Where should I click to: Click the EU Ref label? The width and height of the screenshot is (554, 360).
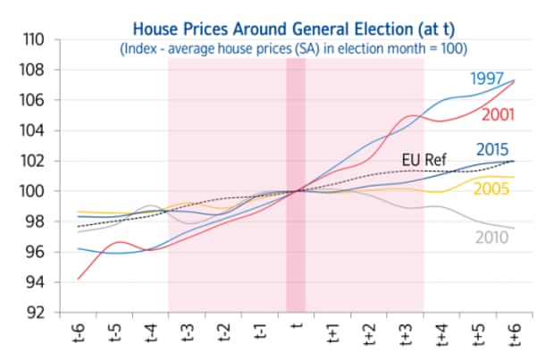coord(423,160)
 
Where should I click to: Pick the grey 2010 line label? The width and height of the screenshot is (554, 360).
coord(491,237)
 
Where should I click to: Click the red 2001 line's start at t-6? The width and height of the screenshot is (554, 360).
coord(79,279)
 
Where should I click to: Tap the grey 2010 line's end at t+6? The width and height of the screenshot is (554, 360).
coord(514,228)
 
